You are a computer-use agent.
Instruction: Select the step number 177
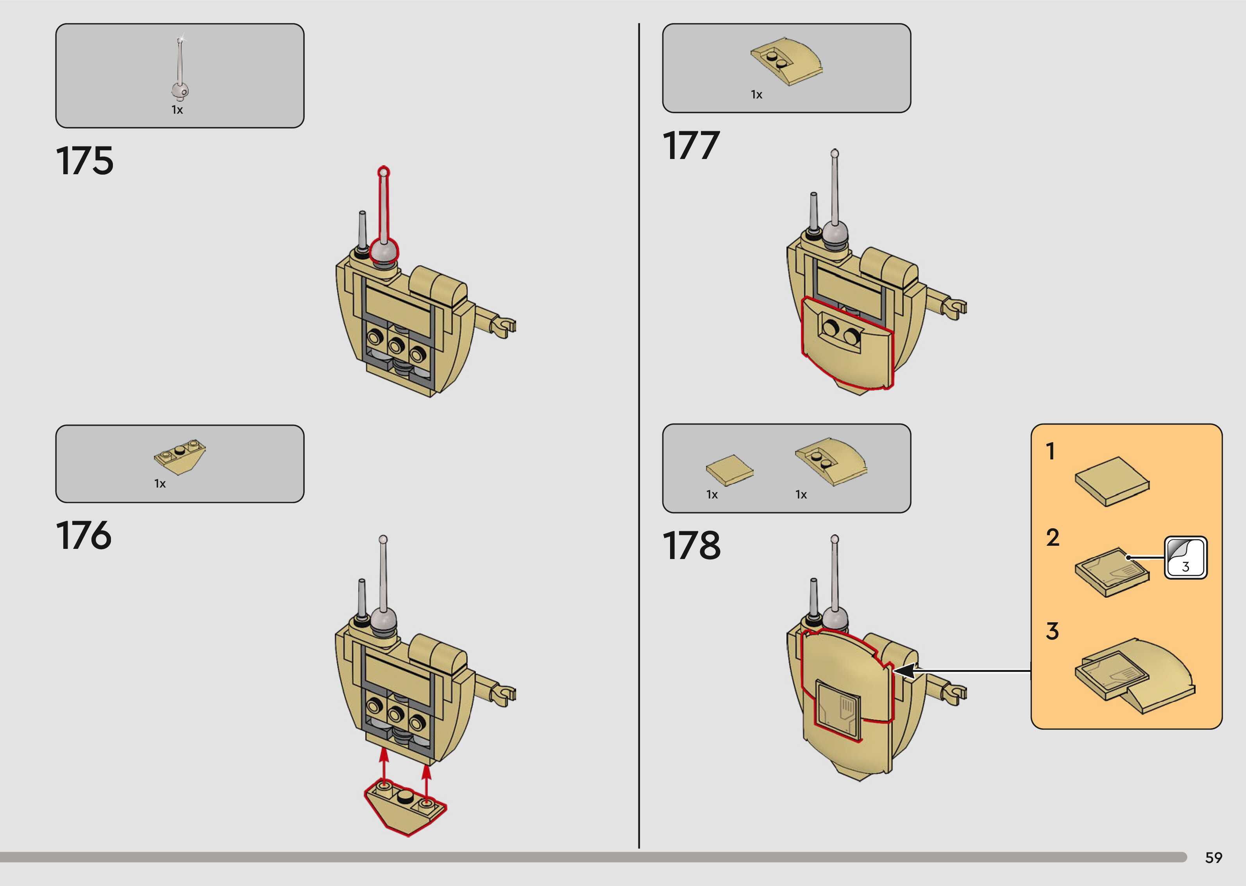tap(691, 146)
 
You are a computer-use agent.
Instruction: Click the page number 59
tap(1213, 857)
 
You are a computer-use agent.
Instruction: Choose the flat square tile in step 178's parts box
tap(729, 469)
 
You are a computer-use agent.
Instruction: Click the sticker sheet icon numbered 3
tap(1185, 557)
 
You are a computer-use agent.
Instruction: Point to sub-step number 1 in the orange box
tap(1050, 451)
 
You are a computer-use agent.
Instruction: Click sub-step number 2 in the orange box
tap(1052, 538)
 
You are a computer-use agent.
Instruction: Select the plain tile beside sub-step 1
tap(1112, 481)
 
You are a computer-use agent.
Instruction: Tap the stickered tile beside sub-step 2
tap(1112, 572)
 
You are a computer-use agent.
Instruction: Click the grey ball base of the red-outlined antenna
tap(384, 252)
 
